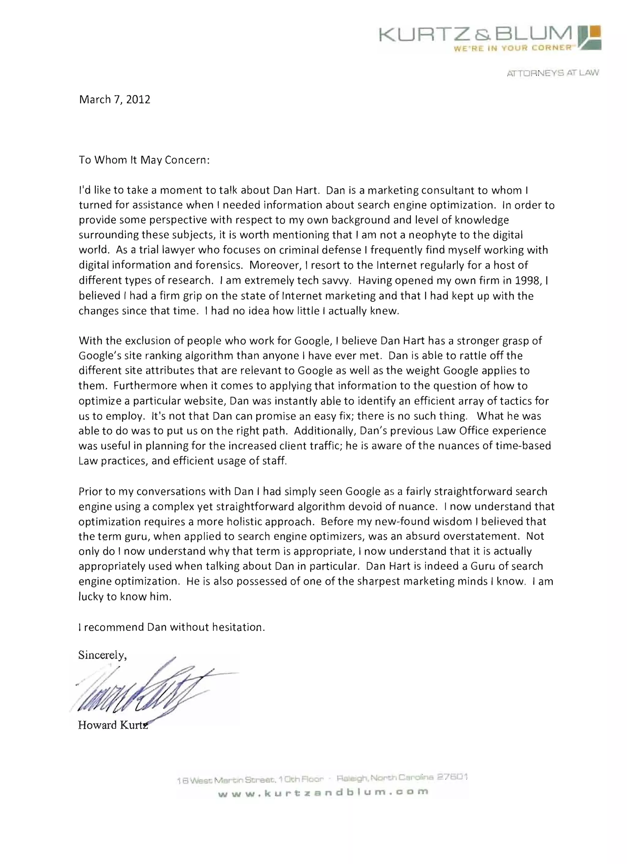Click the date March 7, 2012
tap(115, 100)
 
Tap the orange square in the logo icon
tap(594, 32)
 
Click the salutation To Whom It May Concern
tap(144, 160)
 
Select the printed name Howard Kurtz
tap(113, 725)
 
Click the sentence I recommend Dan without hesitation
tap(171, 627)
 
